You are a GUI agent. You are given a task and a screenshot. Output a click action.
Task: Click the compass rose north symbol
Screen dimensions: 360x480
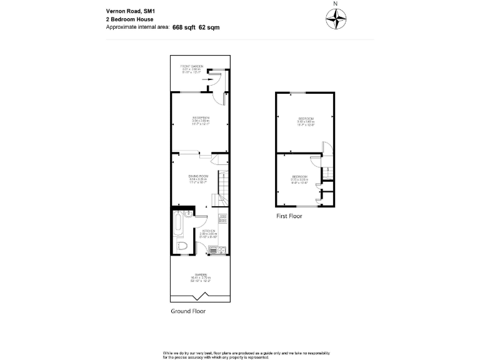336,20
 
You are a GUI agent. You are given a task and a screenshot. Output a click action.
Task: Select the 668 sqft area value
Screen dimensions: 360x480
185,27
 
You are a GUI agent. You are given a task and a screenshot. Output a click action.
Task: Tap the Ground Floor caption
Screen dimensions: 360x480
187,311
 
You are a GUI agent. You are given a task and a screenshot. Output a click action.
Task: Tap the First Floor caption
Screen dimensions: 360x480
289,216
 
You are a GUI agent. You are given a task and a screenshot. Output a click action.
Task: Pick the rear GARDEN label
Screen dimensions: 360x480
200,276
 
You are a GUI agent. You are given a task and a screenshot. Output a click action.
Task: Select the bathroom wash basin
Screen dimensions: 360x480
187,214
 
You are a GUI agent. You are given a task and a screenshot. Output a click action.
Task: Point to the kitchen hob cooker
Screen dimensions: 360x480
222,219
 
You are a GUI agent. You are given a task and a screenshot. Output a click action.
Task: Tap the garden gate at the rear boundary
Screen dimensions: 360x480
201,296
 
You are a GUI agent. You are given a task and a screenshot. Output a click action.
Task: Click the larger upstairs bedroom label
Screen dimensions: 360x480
306,120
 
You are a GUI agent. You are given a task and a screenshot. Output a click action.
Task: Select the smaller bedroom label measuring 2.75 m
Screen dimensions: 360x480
299,178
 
